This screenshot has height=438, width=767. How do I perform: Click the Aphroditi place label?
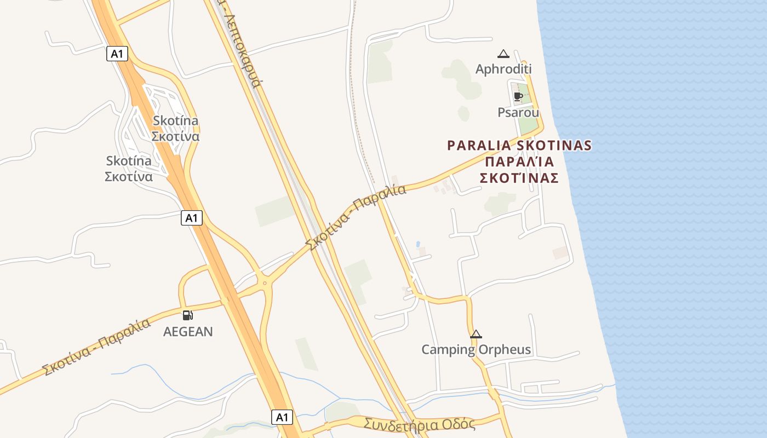coord(503,70)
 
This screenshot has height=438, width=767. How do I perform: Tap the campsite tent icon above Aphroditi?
coord(503,54)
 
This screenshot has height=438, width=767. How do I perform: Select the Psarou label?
coord(518,112)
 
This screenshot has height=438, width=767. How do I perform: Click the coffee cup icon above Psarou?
coord(518,97)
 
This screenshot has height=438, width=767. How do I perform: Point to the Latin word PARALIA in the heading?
coord(479,146)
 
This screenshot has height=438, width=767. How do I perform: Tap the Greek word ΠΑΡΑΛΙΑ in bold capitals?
coord(519,162)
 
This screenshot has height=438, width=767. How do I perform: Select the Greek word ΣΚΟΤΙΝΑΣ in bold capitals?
coord(519,178)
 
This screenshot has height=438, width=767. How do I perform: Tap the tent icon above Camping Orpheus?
coord(476,334)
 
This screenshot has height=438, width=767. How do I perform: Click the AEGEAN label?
coord(188,332)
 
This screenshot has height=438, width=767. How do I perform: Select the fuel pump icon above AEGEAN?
coord(187,315)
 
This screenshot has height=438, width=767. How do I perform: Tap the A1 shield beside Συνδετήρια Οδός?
coord(282,417)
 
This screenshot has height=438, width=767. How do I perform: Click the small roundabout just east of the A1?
coord(265,283)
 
